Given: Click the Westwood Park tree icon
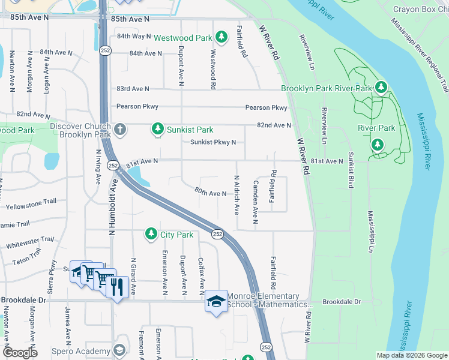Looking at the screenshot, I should point(221,37).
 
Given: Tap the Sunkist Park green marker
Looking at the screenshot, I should point(157,128).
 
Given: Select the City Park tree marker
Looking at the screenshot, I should point(151,235).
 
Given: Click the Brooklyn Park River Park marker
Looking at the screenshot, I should point(380,88).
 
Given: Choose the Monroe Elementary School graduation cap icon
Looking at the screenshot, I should point(216,302).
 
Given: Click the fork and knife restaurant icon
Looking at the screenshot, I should point(116,286).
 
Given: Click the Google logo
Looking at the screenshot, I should point(20,353).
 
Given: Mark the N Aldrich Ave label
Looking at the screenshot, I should point(237,196).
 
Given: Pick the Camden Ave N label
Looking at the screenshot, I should point(255,202).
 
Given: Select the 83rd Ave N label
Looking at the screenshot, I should point(132,89).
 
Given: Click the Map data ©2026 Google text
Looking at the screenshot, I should point(411,355).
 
